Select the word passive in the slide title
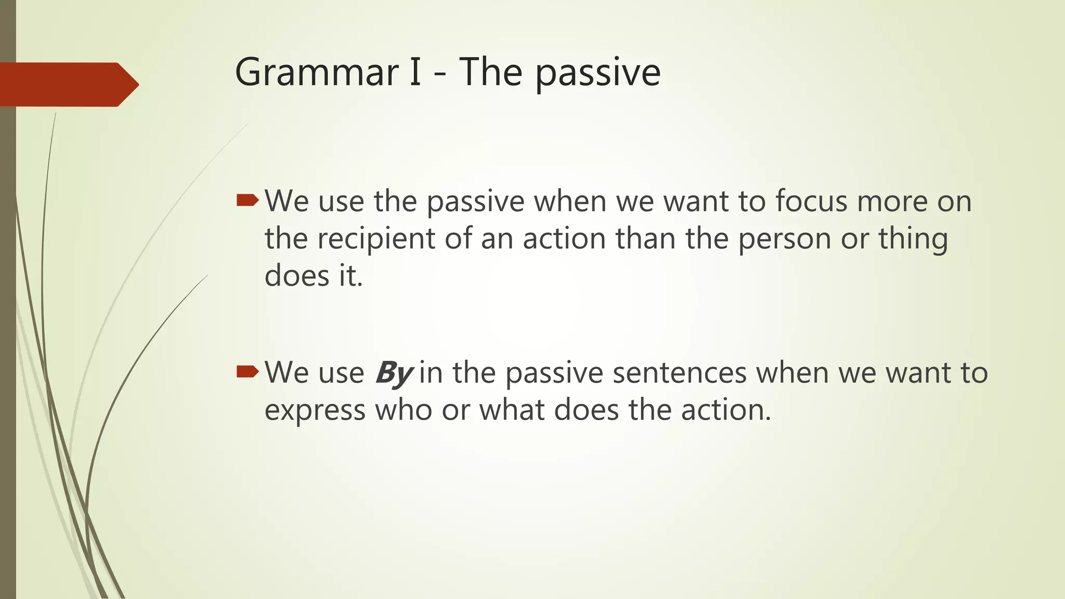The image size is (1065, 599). tap(598, 74)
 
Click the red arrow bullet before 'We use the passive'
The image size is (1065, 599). tap(247, 200)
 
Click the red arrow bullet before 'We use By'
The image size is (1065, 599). tap(247, 371)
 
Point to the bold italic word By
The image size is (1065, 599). tap(394, 373)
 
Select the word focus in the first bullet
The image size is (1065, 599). tap(811, 201)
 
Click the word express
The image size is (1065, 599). tap(315, 411)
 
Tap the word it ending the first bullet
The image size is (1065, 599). tap(350, 276)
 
